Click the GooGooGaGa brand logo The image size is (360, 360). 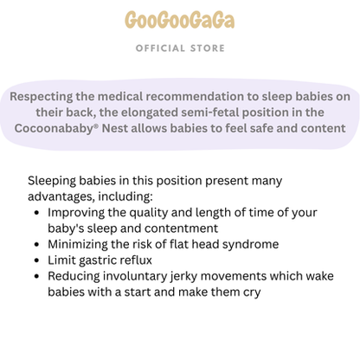[x=179, y=20]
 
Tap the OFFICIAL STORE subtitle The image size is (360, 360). [x=179, y=48]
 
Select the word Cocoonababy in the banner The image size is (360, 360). [x=64, y=127]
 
